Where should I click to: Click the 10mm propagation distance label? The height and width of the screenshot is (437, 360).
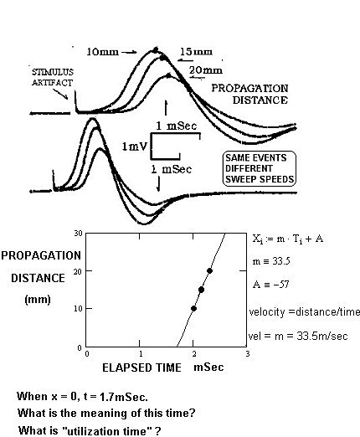(102, 52)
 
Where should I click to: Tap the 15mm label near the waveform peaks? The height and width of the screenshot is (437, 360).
(197, 52)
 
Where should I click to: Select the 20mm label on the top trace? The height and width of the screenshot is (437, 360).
(206, 70)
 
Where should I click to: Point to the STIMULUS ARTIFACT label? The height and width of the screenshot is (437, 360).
(53, 77)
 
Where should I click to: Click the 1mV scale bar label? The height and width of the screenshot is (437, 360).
(134, 147)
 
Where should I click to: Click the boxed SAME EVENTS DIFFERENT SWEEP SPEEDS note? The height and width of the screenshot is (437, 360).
(260, 168)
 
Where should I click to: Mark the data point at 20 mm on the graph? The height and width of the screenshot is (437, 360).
(209, 270)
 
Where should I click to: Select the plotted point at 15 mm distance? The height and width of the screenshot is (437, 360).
(201, 290)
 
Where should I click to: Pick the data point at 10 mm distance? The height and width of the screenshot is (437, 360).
(193, 308)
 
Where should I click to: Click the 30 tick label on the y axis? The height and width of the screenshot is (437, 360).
(78, 233)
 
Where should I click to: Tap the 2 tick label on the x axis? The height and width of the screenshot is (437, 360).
(194, 354)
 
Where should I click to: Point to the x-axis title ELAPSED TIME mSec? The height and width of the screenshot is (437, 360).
(163, 368)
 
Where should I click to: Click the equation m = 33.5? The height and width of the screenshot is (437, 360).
(271, 261)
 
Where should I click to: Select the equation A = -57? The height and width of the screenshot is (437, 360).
(270, 285)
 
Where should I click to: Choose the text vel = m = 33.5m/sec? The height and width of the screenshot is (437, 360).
(298, 336)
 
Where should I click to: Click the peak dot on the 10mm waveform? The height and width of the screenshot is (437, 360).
(156, 50)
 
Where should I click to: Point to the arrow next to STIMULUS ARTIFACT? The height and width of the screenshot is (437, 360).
(61, 94)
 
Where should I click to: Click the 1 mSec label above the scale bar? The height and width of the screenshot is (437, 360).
(176, 126)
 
